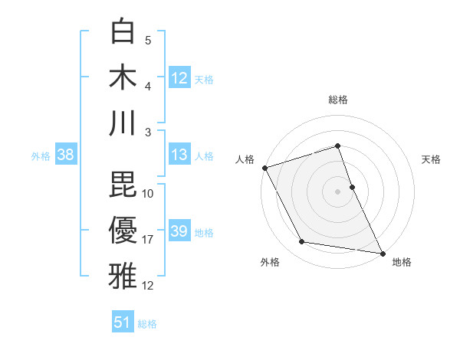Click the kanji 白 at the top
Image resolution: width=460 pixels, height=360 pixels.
pyautogui.click(x=123, y=31)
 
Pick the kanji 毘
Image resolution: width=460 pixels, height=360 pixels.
pyautogui.click(x=123, y=184)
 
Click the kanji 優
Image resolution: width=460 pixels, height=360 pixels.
pyautogui.click(x=123, y=230)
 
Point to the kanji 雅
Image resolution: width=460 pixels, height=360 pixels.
pyautogui.click(x=123, y=275)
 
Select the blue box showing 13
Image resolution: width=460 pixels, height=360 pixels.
pyautogui.click(x=179, y=155)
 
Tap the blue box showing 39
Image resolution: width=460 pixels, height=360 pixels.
pyautogui.click(x=179, y=231)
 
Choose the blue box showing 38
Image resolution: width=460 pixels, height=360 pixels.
pyautogui.click(x=65, y=155)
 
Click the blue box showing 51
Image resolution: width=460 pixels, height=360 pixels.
pyautogui.click(x=123, y=322)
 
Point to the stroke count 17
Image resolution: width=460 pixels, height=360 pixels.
pyautogui.click(x=148, y=240)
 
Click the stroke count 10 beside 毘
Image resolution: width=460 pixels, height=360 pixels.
pyautogui.click(x=148, y=193)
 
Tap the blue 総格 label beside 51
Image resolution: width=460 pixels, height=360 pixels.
pyautogui.click(x=147, y=323)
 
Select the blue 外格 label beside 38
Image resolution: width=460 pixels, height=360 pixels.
pyautogui.click(x=41, y=155)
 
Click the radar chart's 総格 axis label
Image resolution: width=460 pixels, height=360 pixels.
pyautogui.click(x=338, y=100)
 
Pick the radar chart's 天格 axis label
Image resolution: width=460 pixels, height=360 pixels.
pyautogui.click(x=432, y=159)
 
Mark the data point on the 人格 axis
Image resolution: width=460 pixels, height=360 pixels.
pyautogui.click(x=264, y=167)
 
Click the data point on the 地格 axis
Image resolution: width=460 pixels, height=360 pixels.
pyautogui.click(x=383, y=253)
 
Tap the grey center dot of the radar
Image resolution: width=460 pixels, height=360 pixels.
pyautogui.click(x=338, y=191)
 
